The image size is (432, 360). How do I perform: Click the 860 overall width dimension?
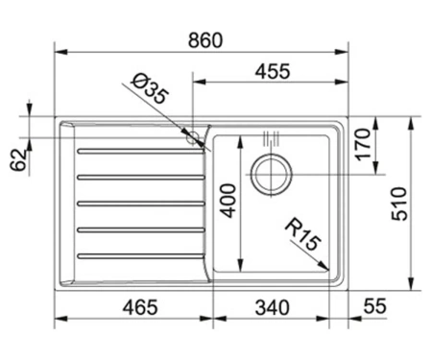pos(204,40)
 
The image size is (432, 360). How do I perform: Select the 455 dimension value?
pos(273,71)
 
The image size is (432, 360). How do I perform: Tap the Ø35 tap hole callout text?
pos(150,88)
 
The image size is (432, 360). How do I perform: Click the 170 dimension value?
pos(363,144)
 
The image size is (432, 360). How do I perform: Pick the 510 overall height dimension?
pos(399,204)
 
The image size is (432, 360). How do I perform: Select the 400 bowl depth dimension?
pos(228,201)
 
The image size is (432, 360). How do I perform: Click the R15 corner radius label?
pos(302,234)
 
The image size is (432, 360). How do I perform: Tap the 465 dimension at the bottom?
pos(140,307)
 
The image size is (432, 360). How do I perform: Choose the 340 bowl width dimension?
pos(272,307)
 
